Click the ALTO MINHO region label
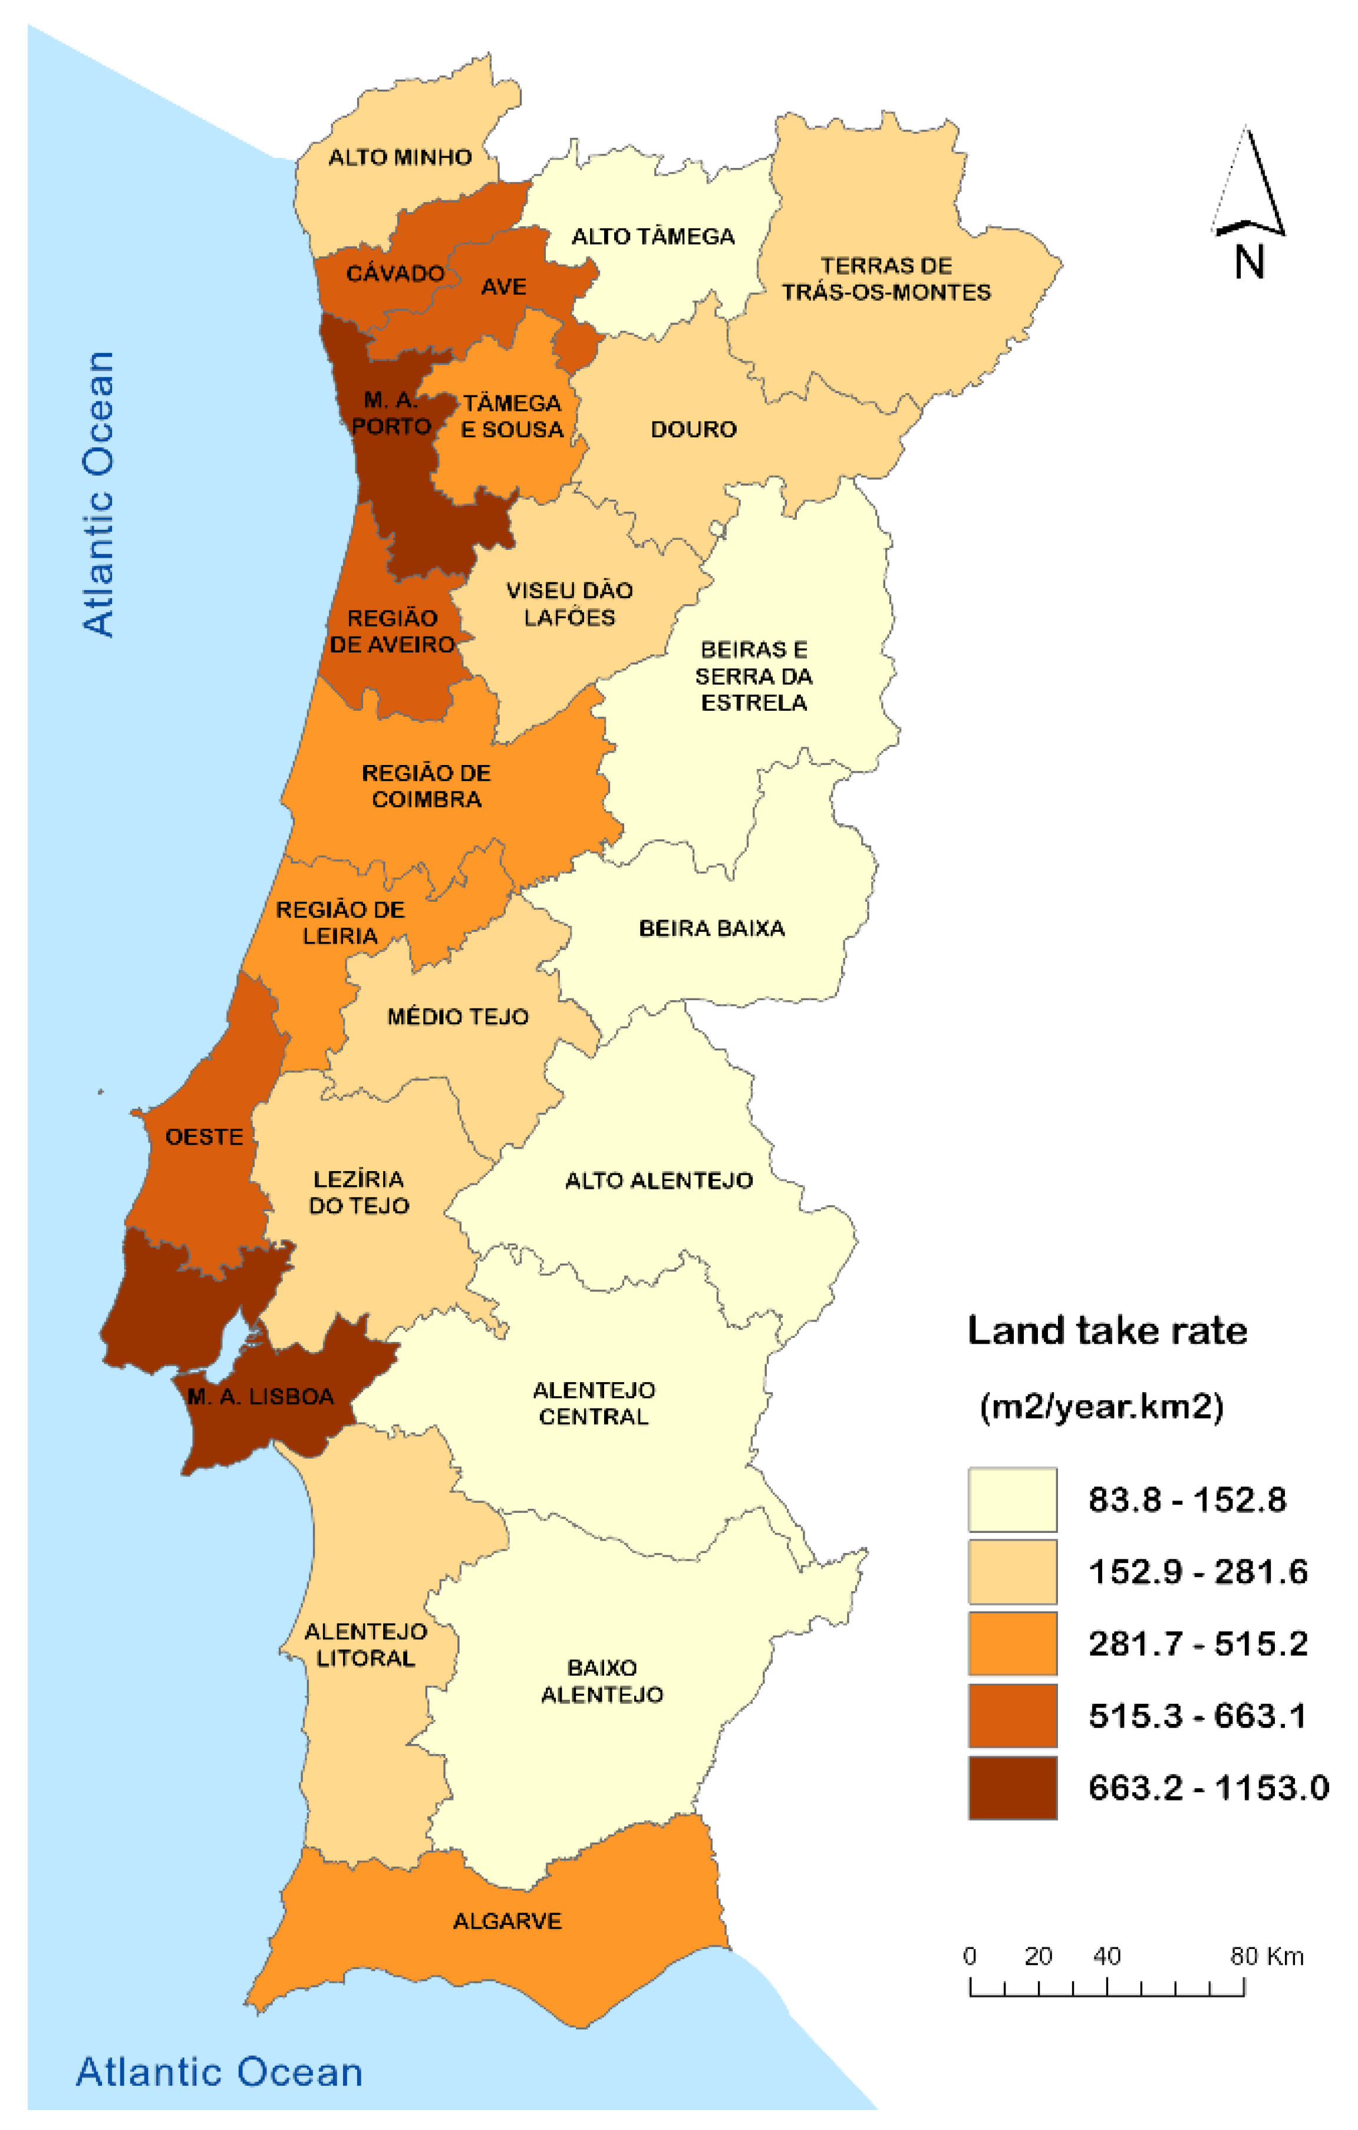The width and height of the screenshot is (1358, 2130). (x=400, y=157)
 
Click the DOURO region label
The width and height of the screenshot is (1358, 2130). (x=694, y=429)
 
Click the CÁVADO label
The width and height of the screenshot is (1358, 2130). (x=394, y=273)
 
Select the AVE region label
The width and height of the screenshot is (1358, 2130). (x=503, y=286)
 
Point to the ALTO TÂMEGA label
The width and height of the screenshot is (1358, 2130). (x=653, y=236)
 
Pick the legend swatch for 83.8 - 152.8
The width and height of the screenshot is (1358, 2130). (x=1012, y=1499)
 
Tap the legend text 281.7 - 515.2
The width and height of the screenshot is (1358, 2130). (x=1198, y=1644)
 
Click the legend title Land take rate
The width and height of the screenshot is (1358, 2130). (x=1107, y=1330)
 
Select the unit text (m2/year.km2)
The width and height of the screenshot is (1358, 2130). (x=1102, y=1406)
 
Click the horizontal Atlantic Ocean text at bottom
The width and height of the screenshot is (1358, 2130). (x=219, y=2072)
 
